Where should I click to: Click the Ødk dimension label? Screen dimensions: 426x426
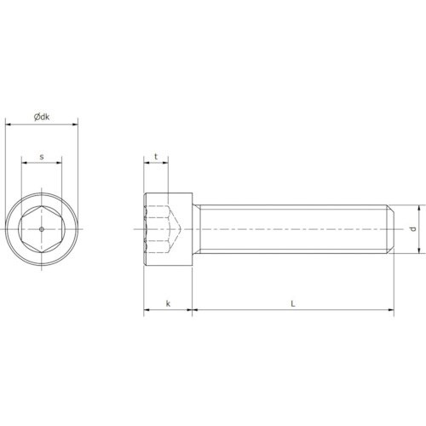coord(42,117)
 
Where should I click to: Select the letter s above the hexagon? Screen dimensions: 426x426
coord(42,157)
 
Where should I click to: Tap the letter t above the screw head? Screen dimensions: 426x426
coord(156,157)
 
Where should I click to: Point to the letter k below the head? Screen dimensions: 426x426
coord(168,303)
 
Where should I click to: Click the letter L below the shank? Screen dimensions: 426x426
coord(293,303)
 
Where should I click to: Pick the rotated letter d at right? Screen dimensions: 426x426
coord(413,229)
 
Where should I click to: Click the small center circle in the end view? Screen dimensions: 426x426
coord(42,229)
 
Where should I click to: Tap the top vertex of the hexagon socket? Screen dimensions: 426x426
coord(42,206)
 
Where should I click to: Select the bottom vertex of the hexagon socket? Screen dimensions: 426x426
coord(42,252)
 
